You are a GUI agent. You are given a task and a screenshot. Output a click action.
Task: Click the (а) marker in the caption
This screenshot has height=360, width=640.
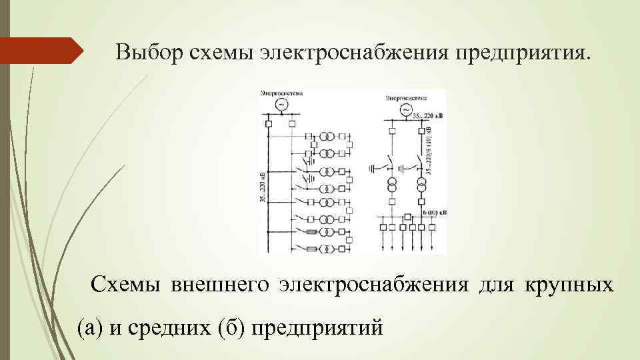(90, 327)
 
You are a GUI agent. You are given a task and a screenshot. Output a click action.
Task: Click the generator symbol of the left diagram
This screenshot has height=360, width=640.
(281, 105)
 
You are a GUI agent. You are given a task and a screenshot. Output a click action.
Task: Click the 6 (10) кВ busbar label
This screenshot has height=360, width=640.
(435, 213)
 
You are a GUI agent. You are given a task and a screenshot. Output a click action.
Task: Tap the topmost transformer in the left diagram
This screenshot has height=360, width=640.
(327, 137)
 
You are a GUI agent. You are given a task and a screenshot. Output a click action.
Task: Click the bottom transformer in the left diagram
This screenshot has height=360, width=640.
(327, 249)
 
